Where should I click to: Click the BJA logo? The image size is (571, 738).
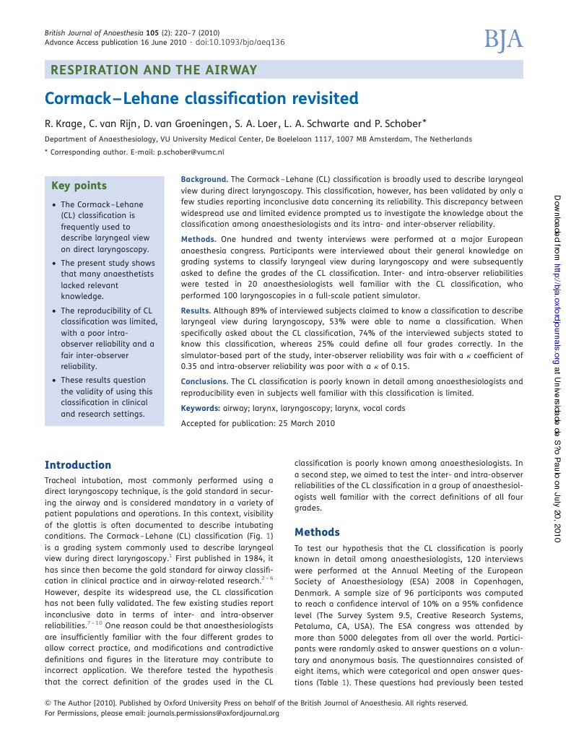click(502, 40)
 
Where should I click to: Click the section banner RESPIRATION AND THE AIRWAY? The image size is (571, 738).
click(152, 70)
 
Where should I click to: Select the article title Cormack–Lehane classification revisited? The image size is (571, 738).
click(201, 97)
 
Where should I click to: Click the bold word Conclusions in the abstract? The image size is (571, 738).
click(204, 381)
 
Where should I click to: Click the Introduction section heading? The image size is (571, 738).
click(78, 465)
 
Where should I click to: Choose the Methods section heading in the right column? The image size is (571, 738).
click(317, 532)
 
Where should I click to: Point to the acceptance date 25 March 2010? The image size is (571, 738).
click(305, 423)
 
